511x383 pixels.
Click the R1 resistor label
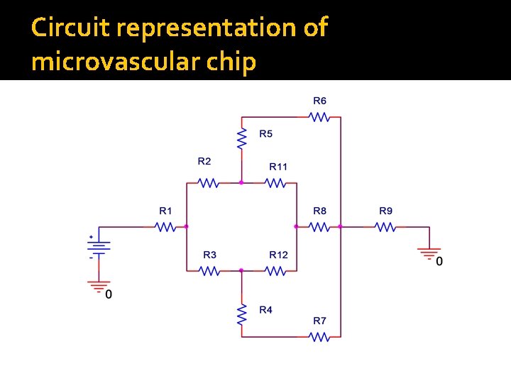(x=165, y=211)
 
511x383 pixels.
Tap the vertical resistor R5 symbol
(x=241, y=138)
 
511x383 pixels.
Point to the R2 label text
(x=204, y=161)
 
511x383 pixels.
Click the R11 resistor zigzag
(x=276, y=183)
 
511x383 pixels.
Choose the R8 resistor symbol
(x=319, y=227)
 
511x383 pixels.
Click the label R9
(x=385, y=211)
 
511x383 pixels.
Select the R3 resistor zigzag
(x=209, y=270)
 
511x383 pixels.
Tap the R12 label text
(x=278, y=255)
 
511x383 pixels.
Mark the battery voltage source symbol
(x=98, y=247)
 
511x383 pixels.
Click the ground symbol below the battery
(x=98, y=286)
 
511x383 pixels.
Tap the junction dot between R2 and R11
(x=241, y=183)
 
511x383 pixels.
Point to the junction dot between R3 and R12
(x=241, y=270)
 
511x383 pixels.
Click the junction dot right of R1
(x=186, y=227)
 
